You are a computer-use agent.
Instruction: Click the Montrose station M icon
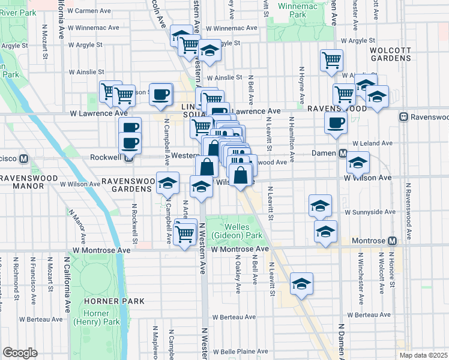point(393,241)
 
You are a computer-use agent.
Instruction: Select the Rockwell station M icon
point(128,158)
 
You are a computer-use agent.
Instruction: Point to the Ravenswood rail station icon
point(405,116)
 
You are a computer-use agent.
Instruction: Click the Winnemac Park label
point(293,10)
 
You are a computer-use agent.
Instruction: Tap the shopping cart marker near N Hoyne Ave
point(331,60)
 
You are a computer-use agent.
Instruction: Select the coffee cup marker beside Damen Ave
point(336,123)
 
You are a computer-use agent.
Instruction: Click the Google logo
point(20,352)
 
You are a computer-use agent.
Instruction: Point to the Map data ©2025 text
point(423,355)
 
